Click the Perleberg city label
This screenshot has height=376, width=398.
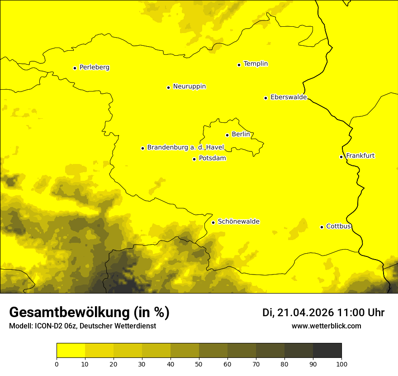[94, 67]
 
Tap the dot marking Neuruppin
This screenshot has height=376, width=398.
[168, 87]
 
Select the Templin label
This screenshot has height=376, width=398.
[256, 64]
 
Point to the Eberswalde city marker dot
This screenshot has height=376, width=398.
[265, 98]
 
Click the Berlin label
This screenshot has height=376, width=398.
[241, 135]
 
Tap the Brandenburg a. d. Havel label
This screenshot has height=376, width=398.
[185, 148]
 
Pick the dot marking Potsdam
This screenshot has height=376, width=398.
[194, 159]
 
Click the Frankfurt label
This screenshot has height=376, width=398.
[360, 156]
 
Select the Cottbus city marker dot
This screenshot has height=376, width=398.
[322, 227]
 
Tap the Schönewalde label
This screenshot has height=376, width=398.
[238, 222]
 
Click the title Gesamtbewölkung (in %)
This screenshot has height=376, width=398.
[89, 313]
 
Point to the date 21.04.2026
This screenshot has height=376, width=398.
[305, 313]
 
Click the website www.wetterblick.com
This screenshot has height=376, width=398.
[326, 326]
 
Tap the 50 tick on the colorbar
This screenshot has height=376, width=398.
[199, 363]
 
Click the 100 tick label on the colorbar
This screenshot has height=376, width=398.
[341, 364]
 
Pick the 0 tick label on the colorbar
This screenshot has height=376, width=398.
[57, 364]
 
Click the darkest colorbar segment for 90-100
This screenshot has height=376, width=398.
[327, 351]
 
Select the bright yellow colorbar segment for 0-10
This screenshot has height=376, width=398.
[71, 351]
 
